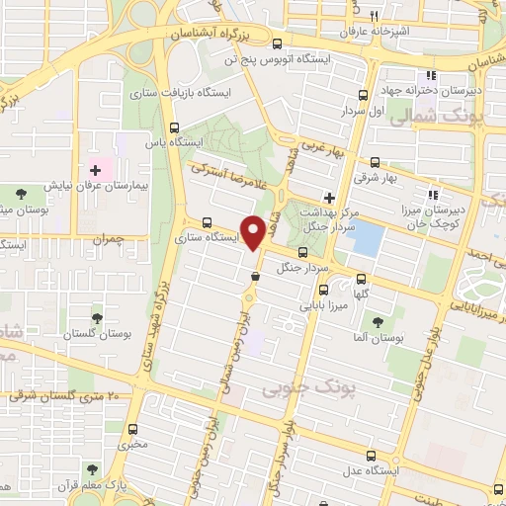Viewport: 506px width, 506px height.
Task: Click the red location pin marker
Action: point(255,231)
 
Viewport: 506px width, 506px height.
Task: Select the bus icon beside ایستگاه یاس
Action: point(175,127)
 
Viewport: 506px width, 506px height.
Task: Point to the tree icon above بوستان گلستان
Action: point(97,318)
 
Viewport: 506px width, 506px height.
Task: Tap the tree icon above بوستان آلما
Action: point(375,320)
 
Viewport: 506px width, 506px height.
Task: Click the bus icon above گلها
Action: point(361,279)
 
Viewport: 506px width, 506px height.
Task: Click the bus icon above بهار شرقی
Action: point(375,162)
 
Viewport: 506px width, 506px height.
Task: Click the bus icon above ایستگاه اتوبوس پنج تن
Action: point(278,43)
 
